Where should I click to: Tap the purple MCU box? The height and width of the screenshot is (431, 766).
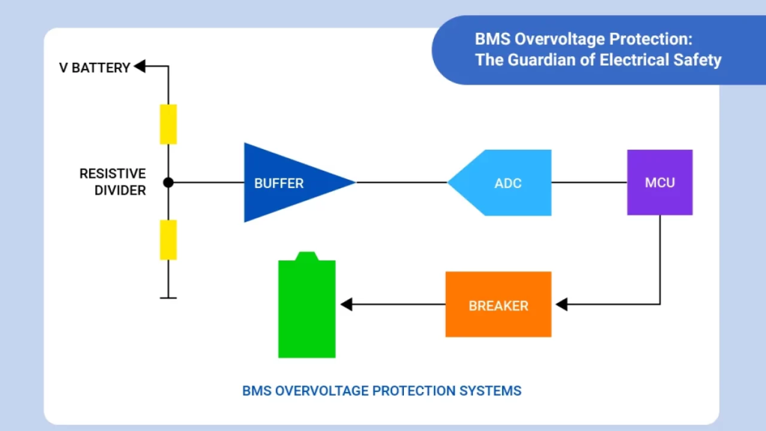pyautogui.click(x=659, y=182)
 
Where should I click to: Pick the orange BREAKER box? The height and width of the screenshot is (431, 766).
pyautogui.click(x=498, y=305)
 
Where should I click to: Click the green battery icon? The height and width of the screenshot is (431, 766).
pyautogui.click(x=307, y=311)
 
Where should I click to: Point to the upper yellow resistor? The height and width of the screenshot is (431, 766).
pyautogui.click(x=168, y=124)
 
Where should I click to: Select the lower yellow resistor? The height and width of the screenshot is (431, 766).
pyautogui.click(x=168, y=239)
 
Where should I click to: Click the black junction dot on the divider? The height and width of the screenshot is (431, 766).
pyautogui.click(x=168, y=182)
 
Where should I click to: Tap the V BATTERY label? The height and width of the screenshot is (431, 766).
pyautogui.click(x=94, y=68)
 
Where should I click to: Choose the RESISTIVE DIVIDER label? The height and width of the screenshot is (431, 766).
pyautogui.click(x=112, y=182)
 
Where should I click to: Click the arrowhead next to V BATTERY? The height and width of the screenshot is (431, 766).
pyautogui.click(x=139, y=67)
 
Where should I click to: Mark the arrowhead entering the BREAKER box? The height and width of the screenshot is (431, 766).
pyautogui.click(x=562, y=305)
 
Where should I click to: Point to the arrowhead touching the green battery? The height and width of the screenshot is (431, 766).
pyautogui.click(x=347, y=305)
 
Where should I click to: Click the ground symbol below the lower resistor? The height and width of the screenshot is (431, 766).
pyautogui.click(x=168, y=298)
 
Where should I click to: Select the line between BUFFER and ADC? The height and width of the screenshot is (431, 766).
pyautogui.click(x=401, y=182)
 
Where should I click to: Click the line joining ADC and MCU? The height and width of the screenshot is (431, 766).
pyautogui.click(x=589, y=182)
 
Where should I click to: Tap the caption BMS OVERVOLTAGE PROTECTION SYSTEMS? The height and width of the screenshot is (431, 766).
pyautogui.click(x=382, y=391)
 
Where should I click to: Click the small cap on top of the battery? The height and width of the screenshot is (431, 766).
pyautogui.click(x=307, y=256)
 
